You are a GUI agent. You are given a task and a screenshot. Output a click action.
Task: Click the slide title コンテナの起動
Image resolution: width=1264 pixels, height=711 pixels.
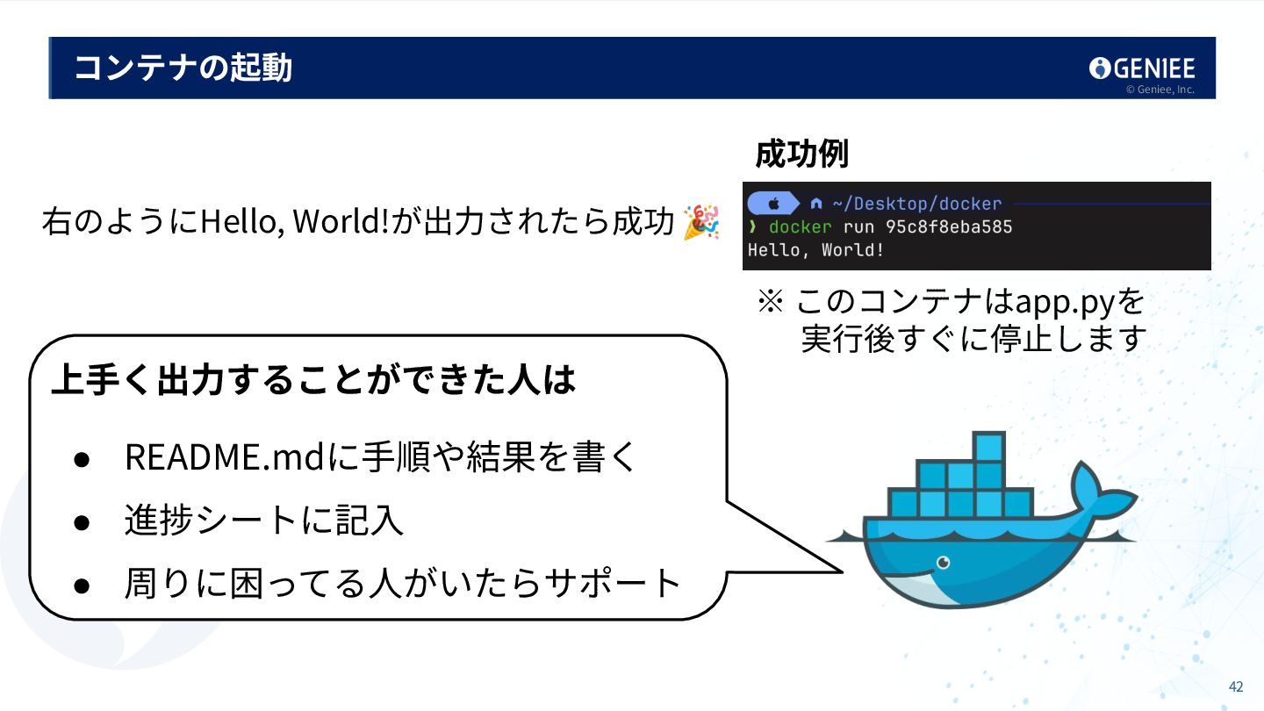183,68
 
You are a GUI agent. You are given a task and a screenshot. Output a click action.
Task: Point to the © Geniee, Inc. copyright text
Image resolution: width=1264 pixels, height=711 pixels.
1160,90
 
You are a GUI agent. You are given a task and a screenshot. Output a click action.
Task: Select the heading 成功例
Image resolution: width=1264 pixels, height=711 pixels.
801,154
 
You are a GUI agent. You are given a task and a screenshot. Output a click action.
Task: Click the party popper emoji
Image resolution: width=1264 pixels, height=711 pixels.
701,222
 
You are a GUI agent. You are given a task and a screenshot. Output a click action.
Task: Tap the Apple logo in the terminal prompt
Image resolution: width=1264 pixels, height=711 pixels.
774,204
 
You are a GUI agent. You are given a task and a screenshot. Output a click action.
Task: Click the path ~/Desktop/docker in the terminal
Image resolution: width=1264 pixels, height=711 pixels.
916,204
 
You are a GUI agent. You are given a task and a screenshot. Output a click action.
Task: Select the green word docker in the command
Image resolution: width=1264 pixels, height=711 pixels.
800,227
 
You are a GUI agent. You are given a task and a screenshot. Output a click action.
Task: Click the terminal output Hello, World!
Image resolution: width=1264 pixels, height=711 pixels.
815,250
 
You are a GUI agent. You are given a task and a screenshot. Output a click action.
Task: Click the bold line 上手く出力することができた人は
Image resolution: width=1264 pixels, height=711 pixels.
313,380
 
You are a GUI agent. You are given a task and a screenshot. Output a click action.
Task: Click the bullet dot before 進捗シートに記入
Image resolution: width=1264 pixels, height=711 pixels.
81,521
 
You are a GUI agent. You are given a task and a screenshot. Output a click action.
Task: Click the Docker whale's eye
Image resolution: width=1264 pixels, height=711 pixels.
943,562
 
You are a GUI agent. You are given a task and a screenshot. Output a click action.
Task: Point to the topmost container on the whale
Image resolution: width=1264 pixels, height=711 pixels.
988,447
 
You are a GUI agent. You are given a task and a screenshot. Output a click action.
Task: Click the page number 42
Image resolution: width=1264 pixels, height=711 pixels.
1236,686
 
